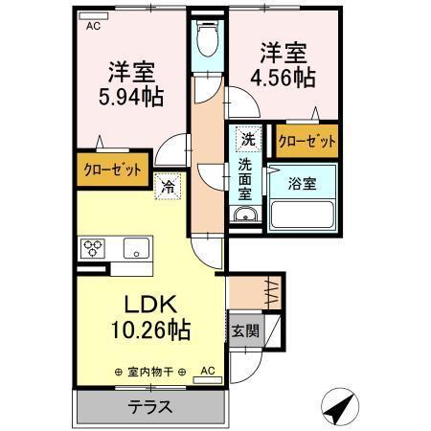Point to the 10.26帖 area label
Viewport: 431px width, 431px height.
[x=147, y=329]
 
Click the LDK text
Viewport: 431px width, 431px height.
[x=147, y=304]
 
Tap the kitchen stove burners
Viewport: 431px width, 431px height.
[x=95, y=248]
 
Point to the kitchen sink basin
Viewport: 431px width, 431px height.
[x=135, y=249]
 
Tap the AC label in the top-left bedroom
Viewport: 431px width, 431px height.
[x=92, y=26]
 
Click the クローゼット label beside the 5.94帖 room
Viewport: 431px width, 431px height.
[x=112, y=170]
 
